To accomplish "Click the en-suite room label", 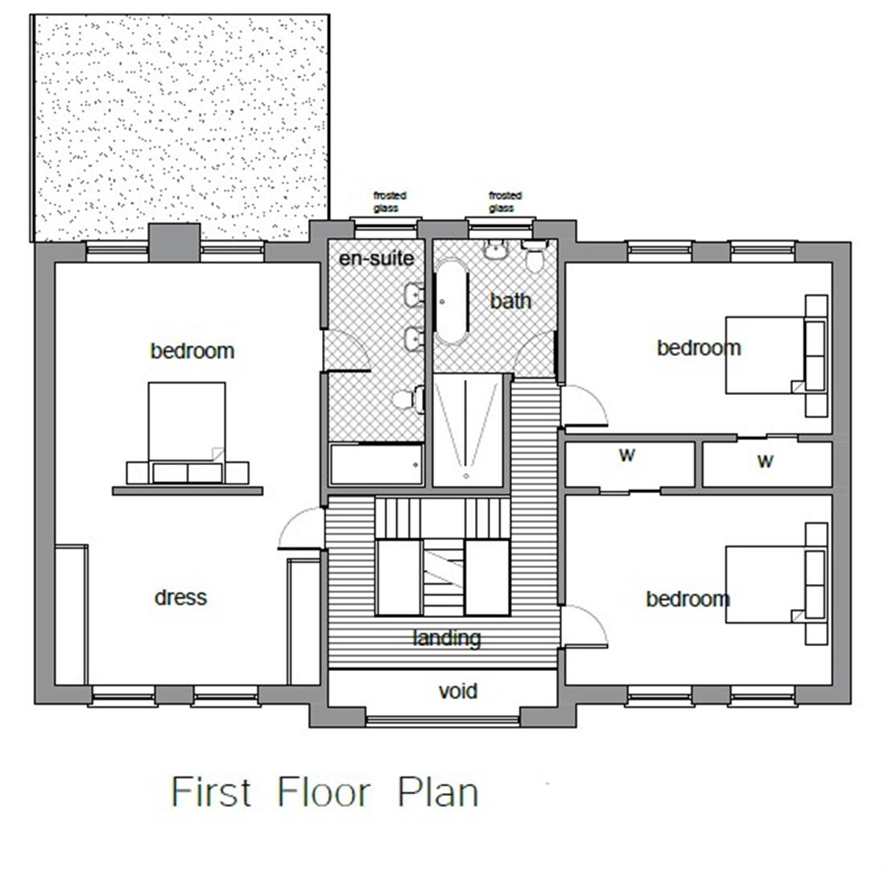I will [376, 258].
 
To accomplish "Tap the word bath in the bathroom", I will [510, 301].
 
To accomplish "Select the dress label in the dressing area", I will [180, 597].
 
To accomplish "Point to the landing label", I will [447, 638].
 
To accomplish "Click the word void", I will [457, 691].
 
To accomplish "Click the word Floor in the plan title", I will [324, 792].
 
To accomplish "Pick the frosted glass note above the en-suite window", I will [390, 201].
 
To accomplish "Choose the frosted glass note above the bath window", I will [505, 201].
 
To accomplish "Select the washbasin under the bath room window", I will [495, 250].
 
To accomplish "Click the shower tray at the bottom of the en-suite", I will [376, 464].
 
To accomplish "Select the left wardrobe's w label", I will [626, 455].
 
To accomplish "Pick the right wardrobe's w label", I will [765, 461].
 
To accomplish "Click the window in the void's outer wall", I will [443, 719].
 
